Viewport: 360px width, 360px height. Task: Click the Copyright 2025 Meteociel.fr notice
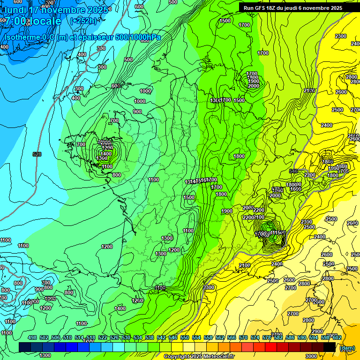pyautogui.click(x=199, y=357)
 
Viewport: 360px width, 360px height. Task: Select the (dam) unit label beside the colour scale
pyautogui.click(x=347, y=348)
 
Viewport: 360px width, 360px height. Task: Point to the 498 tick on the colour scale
pyautogui.click(x=32, y=337)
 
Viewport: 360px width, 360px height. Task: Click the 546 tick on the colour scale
pyautogui.click(x=172, y=337)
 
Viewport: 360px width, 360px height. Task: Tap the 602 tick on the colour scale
pyautogui.click(x=336, y=337)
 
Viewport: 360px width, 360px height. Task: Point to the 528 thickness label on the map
pyautogui.click(x=37, y=154)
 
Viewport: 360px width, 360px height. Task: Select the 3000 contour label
pyautogui.click(x=311, y=356)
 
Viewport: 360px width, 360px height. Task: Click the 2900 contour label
pyautogui.click(x=317, y=331)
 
